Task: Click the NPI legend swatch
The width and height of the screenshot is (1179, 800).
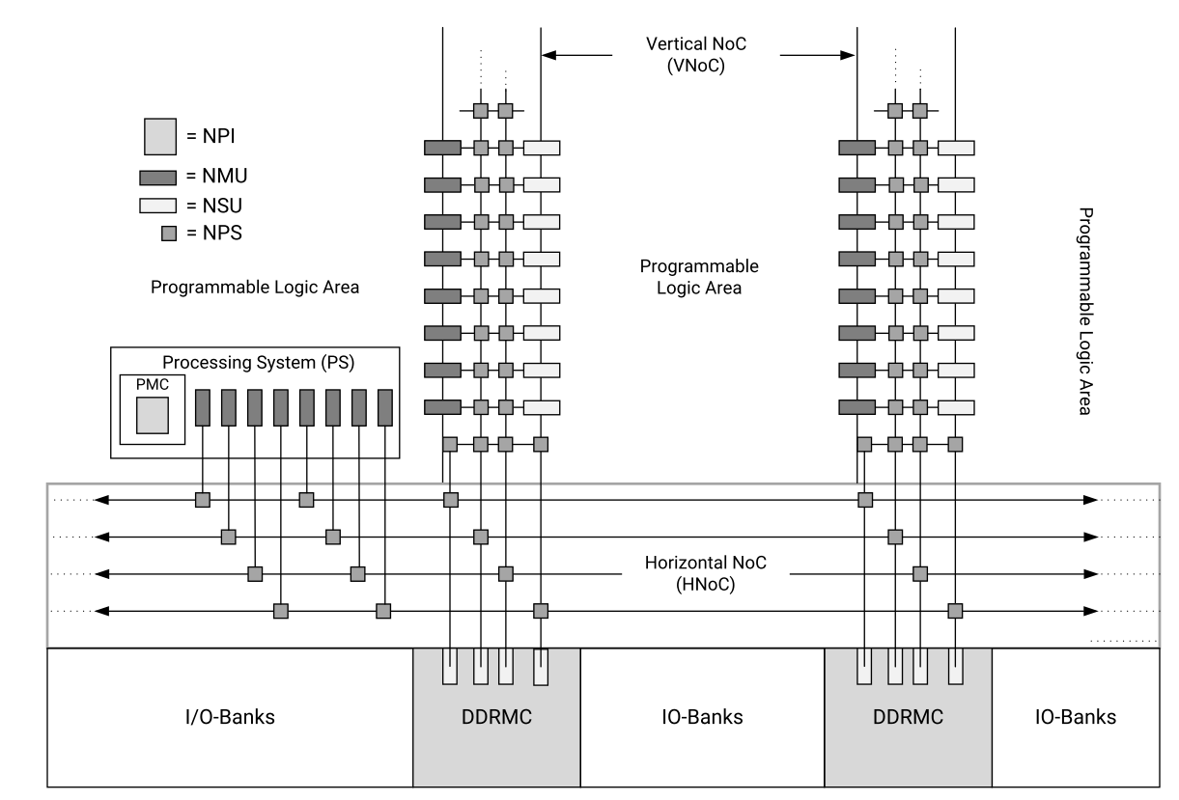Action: pos(160,137)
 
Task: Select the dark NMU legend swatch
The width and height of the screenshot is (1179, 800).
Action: pos(158,178)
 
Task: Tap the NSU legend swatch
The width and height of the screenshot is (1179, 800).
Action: pos(158,206)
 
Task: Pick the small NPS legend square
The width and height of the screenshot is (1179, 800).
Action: pos(169,234)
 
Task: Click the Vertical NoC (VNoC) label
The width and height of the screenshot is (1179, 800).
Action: pos(696,55)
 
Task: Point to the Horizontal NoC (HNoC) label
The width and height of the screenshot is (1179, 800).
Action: pos(705,573)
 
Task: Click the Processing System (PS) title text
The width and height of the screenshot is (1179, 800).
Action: pos(259,363)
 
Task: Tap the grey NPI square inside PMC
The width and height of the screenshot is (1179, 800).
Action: pos(153,416)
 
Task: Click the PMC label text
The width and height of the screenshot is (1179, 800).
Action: pos(153,384)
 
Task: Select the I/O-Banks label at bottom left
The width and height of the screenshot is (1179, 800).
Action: pos(230,717)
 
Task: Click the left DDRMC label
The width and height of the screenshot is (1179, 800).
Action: pos(497,717)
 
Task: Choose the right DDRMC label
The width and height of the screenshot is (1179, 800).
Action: pos(909,717)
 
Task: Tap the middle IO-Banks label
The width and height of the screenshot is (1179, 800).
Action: pos(702,717)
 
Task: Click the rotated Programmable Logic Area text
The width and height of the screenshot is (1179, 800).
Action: pos(1085,312)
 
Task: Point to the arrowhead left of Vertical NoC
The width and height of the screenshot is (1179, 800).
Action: pos(549,55)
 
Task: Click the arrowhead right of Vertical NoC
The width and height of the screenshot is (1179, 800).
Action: pos(848,55)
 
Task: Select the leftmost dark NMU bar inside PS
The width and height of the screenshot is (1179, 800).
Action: pos(203,407)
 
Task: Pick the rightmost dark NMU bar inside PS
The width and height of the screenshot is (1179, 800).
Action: pos(385,407)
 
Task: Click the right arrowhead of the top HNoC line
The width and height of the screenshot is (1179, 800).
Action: pos(1090,500)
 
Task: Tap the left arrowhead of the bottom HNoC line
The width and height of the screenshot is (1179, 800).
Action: pos(101,611)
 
